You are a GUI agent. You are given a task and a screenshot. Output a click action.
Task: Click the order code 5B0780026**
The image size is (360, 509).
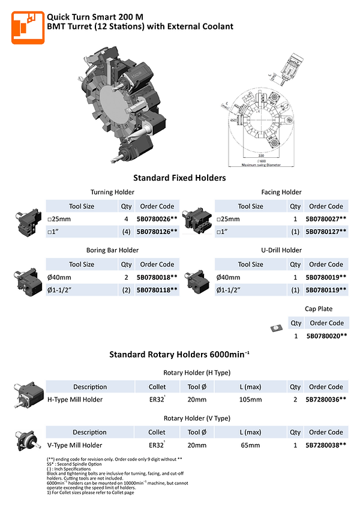coord(157,220)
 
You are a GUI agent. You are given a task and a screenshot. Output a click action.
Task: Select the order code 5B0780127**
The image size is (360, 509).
coord(326,232)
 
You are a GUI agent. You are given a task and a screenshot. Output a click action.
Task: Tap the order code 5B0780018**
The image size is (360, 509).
coord(157,278)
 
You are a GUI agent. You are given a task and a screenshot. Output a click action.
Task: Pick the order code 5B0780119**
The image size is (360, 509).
coord(326,290)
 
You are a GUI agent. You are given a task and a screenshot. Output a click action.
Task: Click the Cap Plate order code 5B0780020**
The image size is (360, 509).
coord(326,336)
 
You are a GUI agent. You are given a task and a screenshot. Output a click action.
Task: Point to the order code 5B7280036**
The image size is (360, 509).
coord(326,400)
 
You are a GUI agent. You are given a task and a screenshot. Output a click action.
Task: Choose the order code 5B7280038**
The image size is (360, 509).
coord(326,445)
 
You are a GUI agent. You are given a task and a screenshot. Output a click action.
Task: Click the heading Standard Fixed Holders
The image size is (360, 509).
coord(179,178)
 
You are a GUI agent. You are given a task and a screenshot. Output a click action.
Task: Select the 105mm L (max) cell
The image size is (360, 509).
coord(251,400)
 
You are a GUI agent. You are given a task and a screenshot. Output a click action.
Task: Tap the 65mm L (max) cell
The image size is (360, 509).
coord(251,445)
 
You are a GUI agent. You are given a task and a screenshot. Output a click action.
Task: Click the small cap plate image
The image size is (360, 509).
coord(277,327)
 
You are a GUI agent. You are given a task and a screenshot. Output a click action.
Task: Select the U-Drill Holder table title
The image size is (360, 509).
coord(281,250)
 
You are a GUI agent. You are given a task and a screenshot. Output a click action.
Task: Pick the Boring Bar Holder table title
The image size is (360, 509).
coord(112,250)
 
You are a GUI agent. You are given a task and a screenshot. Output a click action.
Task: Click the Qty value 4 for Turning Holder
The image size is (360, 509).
coord(126,220)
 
